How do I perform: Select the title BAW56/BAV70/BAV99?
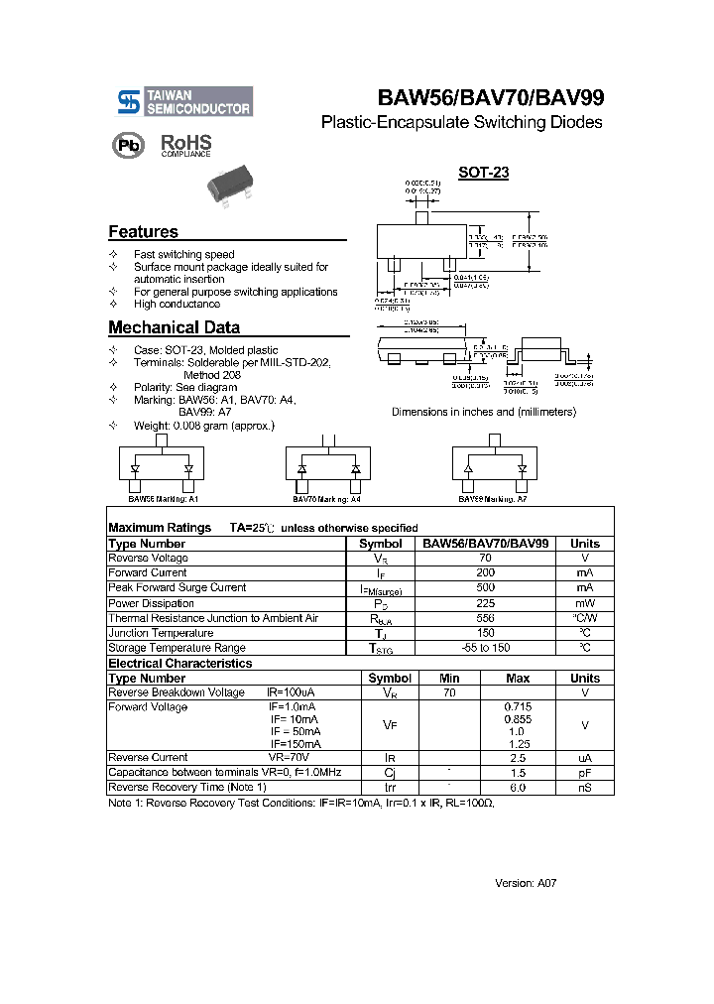pyautogui.click(x=490, y=98)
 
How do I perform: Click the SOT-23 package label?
pyautogui.click(x=483, y=173)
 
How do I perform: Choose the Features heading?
pyautogui.click(x=143, y=232)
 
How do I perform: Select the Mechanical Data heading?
pyautogui.click(x=174, y=327)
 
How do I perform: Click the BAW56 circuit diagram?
pyautogui.click(x=162, y=465)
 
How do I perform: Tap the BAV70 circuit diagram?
pyautogui.click(x=329, y=465)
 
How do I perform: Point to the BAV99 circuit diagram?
pyautogui.click(x=495, y=465)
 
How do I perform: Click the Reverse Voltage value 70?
pyautogui.click(x=485, y=559)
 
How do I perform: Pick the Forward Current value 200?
pyautogui.click(x=485, y=573)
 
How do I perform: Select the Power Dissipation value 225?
pyautogui.click(x=485, y=603)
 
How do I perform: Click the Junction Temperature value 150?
pyautogui.click(x=485, y=633)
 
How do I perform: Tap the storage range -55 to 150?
pyautogui.click(x=485, y=648)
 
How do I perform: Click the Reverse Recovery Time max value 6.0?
pyautogui.click(x=517, y=788)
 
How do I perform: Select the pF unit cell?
pyautogui.click(x=585, y=773)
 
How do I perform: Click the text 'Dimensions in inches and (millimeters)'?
pyautogui.click(x=483, y=412)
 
